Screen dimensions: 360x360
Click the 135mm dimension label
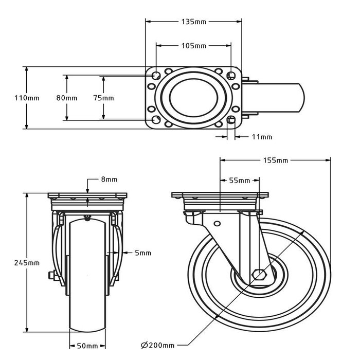coord(194,22)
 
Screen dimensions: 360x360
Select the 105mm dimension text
coord(194,46)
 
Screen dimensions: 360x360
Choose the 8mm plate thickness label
coord(110,179)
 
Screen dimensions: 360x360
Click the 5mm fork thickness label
coord(143,253)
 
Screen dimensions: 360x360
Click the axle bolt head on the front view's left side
coord(51,276)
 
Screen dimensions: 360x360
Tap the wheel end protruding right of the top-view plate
coord(278,98)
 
